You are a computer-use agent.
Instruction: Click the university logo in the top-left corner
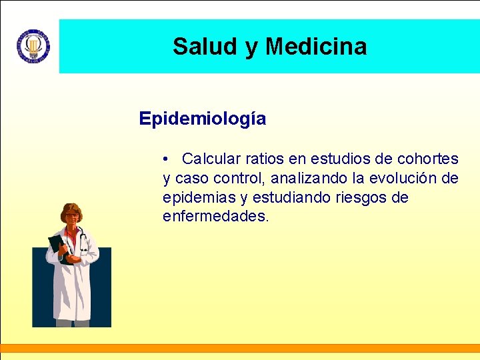tap(33, 46)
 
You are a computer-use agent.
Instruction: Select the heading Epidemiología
tap(202, 119)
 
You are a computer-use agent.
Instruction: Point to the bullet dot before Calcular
tap(165, 159)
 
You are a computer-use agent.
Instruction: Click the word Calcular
tap(211, 159)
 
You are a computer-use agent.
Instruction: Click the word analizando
tap(309, 178)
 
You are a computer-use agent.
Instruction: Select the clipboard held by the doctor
tap(58, 248)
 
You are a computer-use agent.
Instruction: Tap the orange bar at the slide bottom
tap(240, 347)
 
